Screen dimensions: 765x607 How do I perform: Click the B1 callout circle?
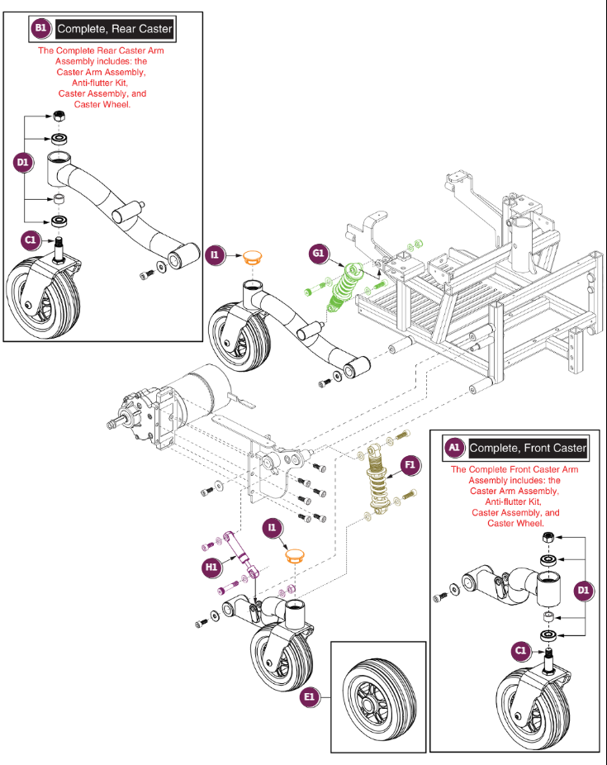tap(40, 29)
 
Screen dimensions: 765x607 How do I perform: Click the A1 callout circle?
tap(453, 448)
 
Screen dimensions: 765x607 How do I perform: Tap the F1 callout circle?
tap(410, 466)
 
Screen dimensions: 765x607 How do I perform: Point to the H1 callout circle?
tap(211, 567)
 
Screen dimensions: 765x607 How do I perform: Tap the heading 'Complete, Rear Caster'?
tap(115, 29)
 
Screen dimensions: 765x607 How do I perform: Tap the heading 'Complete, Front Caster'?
tap(528, 448)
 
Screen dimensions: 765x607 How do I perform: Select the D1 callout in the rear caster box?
tap(23, 164)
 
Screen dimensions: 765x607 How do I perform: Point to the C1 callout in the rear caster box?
tap(31, 240)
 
